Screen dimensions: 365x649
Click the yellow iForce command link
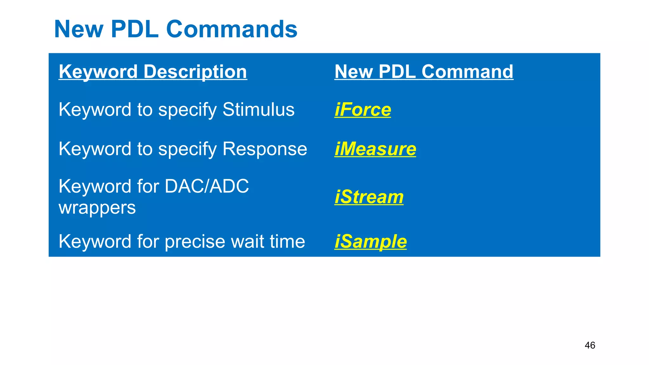point(363,110)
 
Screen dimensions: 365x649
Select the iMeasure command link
point(375,149)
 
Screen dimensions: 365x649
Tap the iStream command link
point(369,197)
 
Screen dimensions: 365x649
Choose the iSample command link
point(370,242)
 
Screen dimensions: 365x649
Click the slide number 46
point(590,345)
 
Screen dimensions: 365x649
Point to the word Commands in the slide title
point(232,29)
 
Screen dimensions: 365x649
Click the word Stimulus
point(258,110)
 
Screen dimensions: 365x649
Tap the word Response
point(265,149)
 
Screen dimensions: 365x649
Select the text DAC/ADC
point(207,186)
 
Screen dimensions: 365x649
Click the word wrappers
point(97,208)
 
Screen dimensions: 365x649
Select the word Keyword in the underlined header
point(98,72)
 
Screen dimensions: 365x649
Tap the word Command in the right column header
point(467,72)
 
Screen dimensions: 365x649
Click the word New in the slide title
point(79,29)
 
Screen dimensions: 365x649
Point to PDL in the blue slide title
point(135,29)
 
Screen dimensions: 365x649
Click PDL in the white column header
point(397,72)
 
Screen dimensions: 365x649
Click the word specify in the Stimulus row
point(187,110)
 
